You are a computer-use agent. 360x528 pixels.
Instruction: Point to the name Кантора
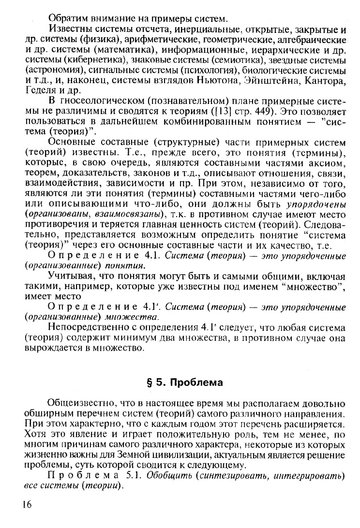click(326, 81)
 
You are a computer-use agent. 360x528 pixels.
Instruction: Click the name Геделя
click(38, 90)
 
